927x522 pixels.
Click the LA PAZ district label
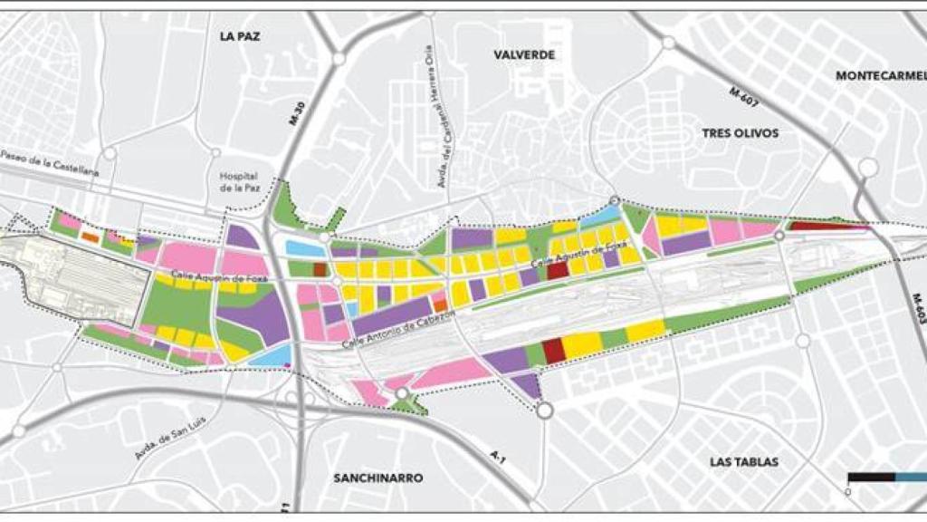point(240,37)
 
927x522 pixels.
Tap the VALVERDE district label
point(523,54)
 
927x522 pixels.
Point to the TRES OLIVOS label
point(740,133)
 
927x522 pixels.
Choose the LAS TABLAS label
point(744,461)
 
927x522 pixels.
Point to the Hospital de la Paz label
point(238,184)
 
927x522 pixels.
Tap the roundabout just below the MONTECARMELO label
point(868,167)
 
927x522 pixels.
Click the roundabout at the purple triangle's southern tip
point(544,411)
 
